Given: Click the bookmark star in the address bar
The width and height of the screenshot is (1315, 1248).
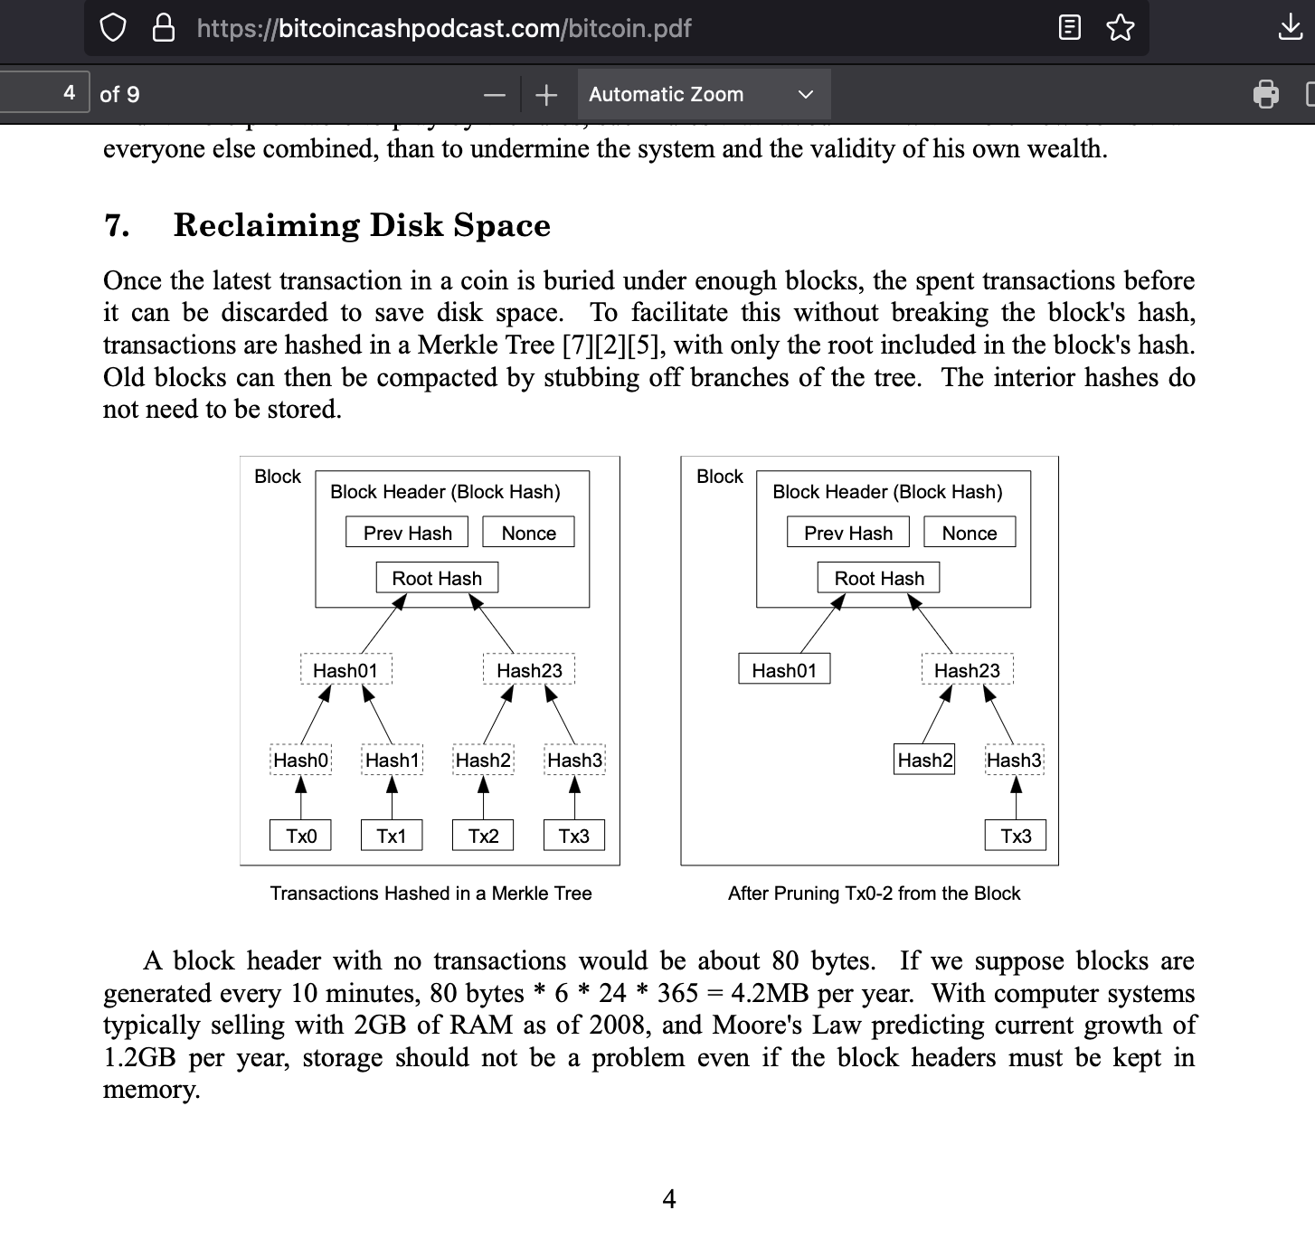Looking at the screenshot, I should coord(1120,28).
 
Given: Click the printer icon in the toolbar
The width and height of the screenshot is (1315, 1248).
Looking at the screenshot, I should coord(1265,94).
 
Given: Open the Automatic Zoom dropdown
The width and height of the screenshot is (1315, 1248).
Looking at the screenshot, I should coord(703,94).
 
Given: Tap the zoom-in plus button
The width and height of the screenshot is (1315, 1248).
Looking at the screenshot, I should coord(546,94).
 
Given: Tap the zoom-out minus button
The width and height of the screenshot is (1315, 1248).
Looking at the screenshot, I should coord(495,94).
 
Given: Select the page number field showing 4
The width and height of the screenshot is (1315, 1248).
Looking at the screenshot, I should coord(45,92).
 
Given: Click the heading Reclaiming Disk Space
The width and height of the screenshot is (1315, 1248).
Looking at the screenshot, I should coord(362,225).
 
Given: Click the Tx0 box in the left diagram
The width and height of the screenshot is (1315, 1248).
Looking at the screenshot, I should coord(300,836).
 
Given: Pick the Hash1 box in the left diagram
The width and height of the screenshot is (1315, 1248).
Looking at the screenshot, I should coord(392,760).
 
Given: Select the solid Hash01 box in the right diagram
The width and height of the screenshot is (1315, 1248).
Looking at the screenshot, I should coord(784,670).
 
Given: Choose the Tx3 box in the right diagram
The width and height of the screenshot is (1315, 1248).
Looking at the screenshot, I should coord(1016,836).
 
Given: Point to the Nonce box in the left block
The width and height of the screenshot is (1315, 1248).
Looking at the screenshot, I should coord(529,533).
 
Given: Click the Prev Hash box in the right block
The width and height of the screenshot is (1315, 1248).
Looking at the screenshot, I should coord(848,533).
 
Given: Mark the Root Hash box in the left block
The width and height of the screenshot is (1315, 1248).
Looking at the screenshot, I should coord(437,578).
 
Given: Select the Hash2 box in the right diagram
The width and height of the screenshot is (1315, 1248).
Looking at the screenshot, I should coord(925,760).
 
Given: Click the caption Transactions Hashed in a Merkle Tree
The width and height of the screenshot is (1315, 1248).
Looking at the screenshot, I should coord(430,893).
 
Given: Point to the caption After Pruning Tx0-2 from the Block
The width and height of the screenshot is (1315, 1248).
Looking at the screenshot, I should coord(874,893).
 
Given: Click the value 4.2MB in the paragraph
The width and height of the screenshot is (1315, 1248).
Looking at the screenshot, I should coord(770,993).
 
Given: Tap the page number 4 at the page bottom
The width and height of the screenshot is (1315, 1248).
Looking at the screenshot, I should coord(669,1199).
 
